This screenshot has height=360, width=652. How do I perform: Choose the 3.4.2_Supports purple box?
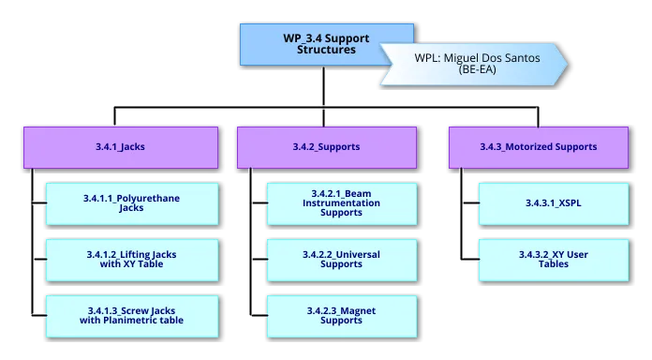click(x=325, y=147)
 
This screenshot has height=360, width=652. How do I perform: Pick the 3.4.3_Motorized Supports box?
click(x=538, y=147)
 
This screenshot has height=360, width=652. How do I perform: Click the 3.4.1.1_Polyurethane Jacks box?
click(x=132, y=203)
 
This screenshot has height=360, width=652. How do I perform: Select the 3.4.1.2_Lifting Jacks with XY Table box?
click(x=132, y=260)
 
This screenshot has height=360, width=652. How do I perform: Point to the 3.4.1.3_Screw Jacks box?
click(x=132, y=315)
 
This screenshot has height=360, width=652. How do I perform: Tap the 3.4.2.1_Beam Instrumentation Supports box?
click(x=341, y=203)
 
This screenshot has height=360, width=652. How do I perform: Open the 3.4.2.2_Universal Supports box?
click(x=341, y=260)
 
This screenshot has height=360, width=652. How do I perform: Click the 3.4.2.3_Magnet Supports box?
click(x=341, y=315)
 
